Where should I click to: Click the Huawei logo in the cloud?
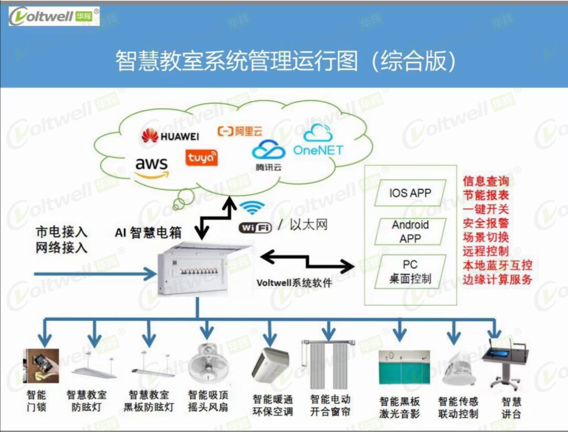coord(170,136)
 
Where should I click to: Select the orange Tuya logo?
coord(201,157)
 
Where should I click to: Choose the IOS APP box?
coord(410,193)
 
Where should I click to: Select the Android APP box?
coord(410,232)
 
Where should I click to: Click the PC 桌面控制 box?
coord(410,271)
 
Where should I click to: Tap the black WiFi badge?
coord(255,227)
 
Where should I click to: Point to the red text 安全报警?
coord(485,222)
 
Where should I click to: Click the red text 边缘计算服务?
coord(497,279)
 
